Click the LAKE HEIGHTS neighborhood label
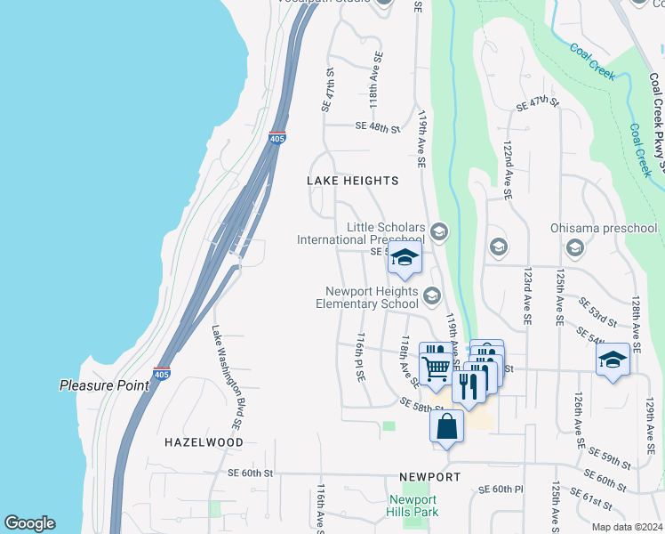[352, 181]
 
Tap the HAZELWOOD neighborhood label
[204, 441]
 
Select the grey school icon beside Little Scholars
[438, 233]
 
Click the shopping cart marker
[435, 366]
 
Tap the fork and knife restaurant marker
[469, 385]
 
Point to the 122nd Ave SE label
[506, 169]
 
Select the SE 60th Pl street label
[501, 489]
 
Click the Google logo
[29, 523]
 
